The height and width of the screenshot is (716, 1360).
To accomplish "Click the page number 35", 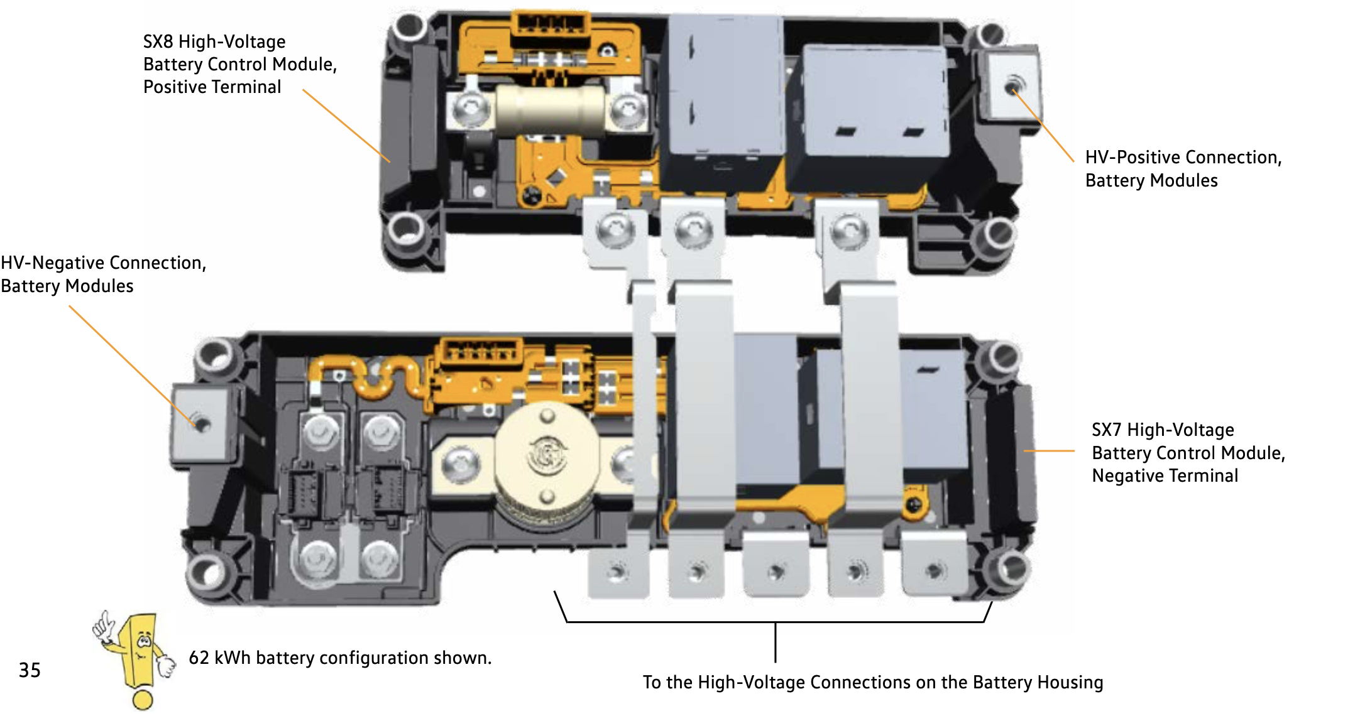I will click(x=30, y=670).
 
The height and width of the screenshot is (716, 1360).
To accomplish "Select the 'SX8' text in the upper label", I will click(x=158, y=41).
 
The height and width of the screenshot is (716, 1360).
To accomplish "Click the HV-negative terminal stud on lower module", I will click(x=201, y=423).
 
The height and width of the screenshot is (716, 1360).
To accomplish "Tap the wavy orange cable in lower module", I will click(x=371, y=377).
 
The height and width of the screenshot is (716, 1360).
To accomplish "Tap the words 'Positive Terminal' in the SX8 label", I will click(x=212, y=87).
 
